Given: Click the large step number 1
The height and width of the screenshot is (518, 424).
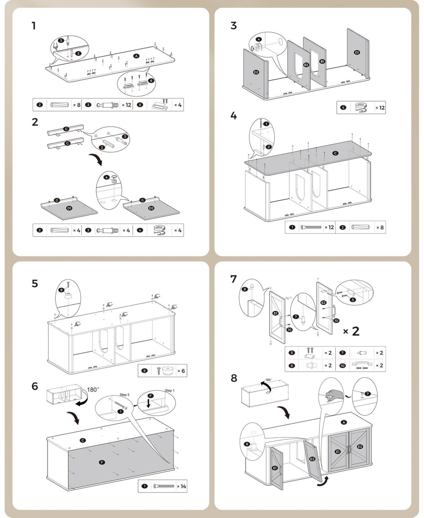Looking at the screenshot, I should [x=34, y=26].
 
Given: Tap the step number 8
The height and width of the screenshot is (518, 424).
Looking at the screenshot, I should [x=234, y=378].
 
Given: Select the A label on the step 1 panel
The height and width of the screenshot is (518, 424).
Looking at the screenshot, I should [x=136, y=56].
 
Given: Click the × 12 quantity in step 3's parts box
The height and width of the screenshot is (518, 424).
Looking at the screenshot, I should [x=380, y=107].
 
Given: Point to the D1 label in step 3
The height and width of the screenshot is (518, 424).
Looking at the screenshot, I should [x=357, y=52].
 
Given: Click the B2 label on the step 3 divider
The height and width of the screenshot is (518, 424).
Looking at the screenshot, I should [x=306, y=65].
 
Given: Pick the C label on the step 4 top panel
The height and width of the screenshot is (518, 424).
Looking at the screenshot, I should [x=335, y=153].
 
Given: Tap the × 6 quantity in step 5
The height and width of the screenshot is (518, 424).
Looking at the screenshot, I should [x=181, y=371].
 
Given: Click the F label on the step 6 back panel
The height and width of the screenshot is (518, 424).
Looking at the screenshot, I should [x=102, y=462].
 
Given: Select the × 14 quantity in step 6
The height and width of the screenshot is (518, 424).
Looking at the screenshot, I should [x=181, y=486].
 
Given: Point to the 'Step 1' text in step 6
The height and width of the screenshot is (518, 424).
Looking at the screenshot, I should [x=170, y=391].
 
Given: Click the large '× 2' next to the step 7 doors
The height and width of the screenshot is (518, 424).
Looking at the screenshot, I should [x=351, y=331].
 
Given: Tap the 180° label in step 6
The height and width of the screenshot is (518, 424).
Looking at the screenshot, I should [x=93, y=389].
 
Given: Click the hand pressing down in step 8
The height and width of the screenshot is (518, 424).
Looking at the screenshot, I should [x=332, y=394].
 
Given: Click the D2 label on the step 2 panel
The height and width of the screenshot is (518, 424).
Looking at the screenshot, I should [x=151, y=208].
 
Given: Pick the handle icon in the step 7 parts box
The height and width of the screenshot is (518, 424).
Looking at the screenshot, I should [x=361, y=365].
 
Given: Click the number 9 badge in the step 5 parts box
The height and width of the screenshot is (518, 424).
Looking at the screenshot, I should [x=144, y=371].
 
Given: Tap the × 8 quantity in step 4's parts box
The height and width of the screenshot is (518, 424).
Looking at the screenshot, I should [x=380, y=227].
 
